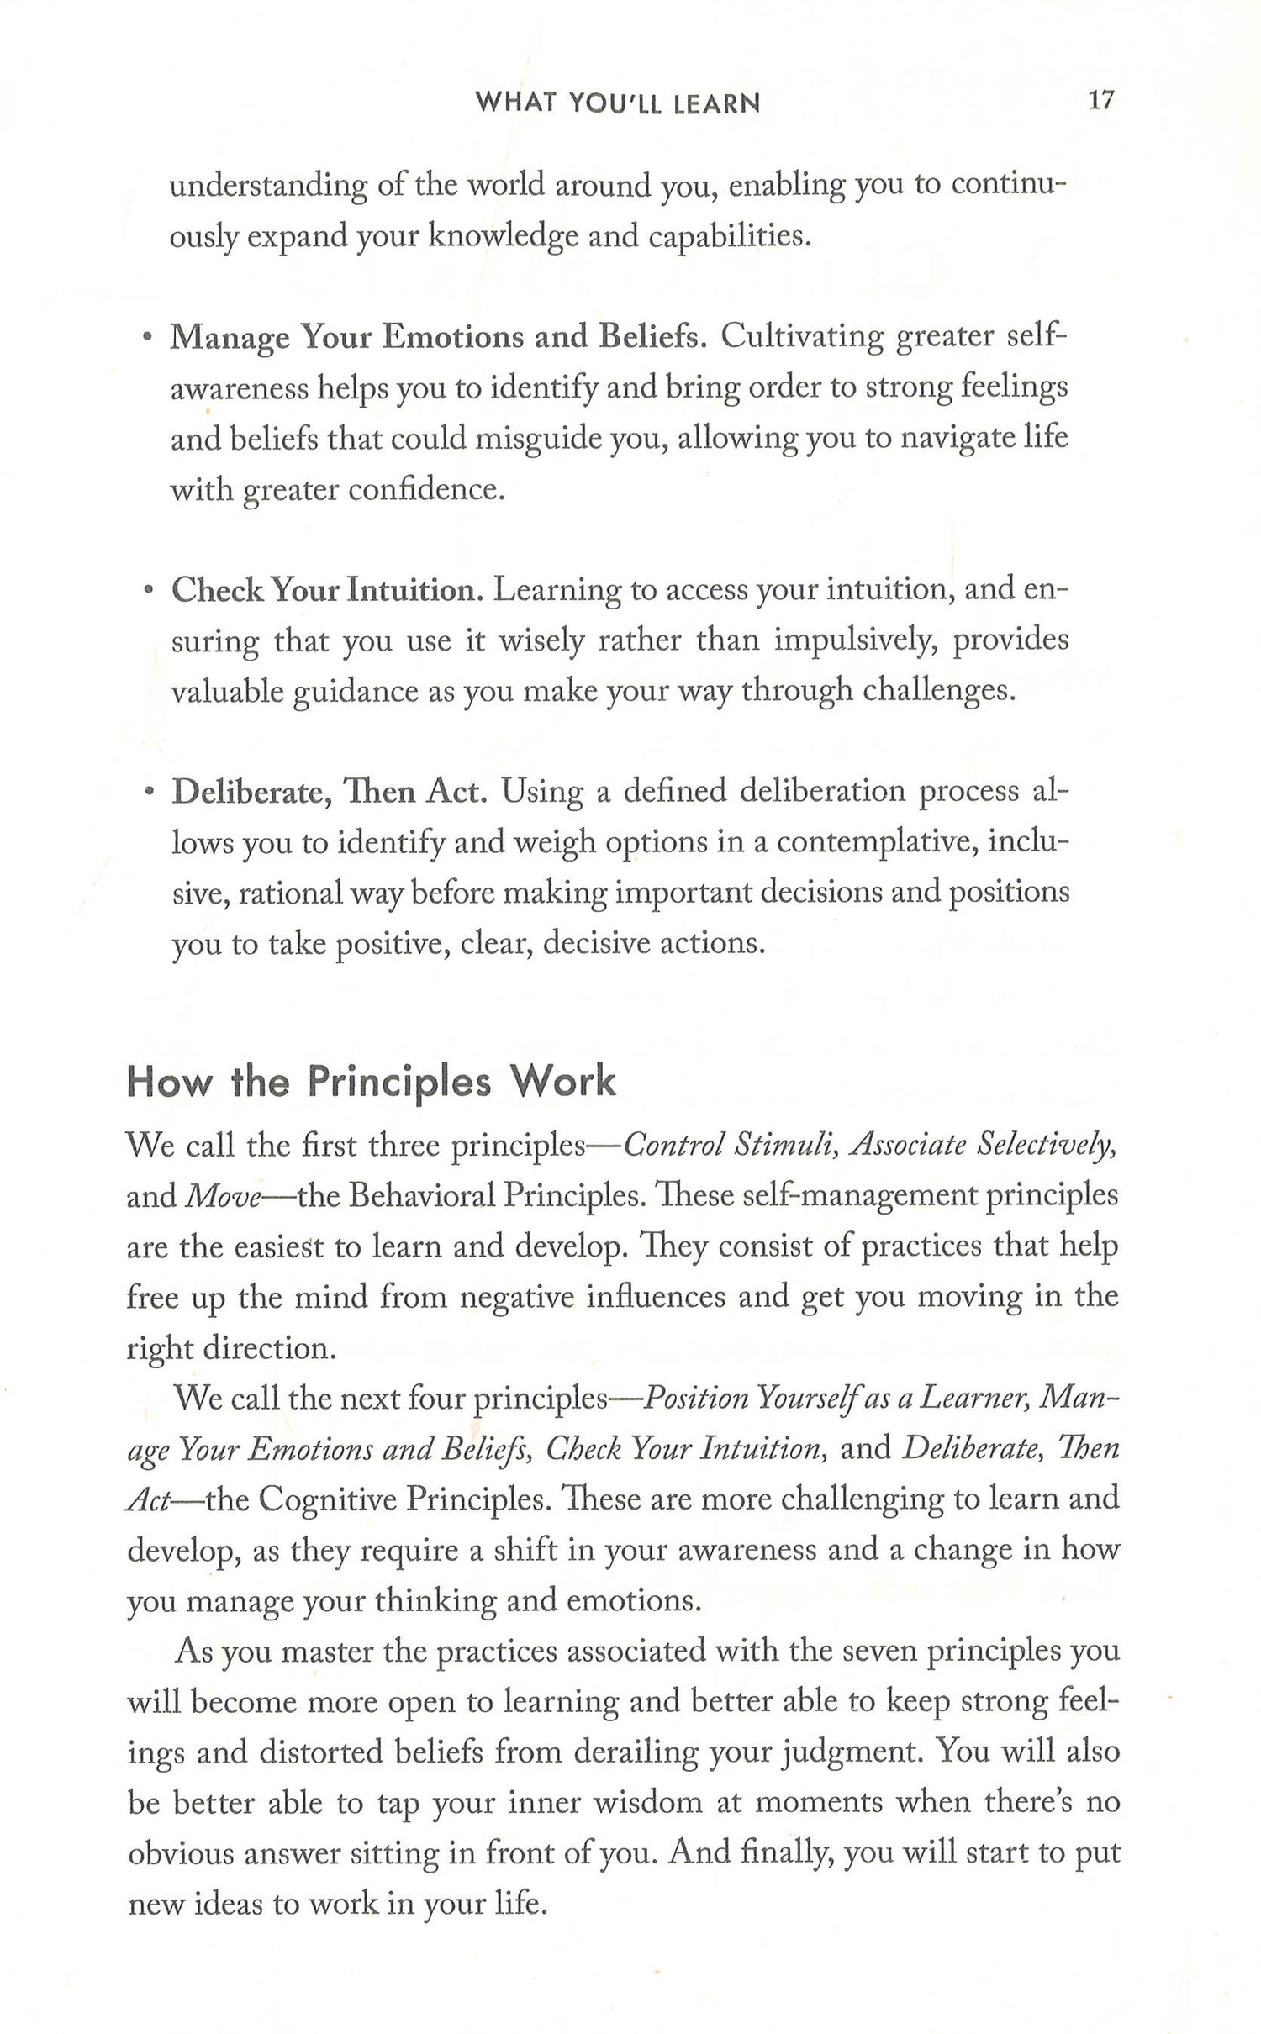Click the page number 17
[x=1100, y=101]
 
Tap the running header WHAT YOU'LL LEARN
[x=617, y=103]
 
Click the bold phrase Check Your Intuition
[x=328, y=590]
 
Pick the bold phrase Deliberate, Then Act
[x=330, y=792]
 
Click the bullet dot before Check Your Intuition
[x=149, y=591]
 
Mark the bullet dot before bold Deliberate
[x=150, y=793]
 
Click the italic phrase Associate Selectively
[x=984, y=1146]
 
